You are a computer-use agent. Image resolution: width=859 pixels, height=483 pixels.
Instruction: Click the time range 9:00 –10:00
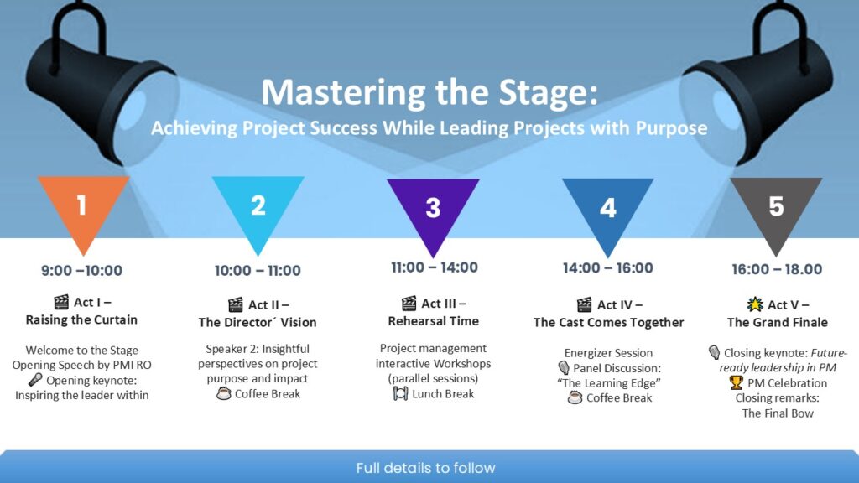(81, 270)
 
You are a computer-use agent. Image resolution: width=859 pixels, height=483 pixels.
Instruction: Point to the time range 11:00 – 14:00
(435, 267)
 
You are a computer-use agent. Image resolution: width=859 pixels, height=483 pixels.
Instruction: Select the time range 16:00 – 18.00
(777, 269)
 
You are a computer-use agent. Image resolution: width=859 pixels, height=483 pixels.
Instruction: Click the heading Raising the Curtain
(81, 319)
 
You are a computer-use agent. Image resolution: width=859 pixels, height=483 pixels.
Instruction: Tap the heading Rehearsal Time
(434, 321)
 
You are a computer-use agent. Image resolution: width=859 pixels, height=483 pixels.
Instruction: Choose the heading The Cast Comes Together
(609, 323)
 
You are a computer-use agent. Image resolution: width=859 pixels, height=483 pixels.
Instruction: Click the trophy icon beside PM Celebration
(737, 382)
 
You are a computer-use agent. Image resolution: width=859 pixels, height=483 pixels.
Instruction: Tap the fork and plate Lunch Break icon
(400, 393)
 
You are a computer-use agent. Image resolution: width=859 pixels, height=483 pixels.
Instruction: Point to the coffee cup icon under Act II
(223, 393)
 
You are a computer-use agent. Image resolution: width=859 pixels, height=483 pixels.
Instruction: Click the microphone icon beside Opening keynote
(35, 380)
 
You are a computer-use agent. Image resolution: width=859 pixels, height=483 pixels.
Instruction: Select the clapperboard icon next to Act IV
(584, 304)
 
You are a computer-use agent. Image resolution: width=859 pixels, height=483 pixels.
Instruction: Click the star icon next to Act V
(755, 304)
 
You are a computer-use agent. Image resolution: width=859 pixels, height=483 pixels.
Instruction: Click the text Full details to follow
(425, 468)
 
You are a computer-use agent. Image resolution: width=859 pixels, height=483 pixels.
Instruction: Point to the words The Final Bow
(778, 413)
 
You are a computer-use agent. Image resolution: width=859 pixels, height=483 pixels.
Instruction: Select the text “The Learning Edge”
(609, 382)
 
